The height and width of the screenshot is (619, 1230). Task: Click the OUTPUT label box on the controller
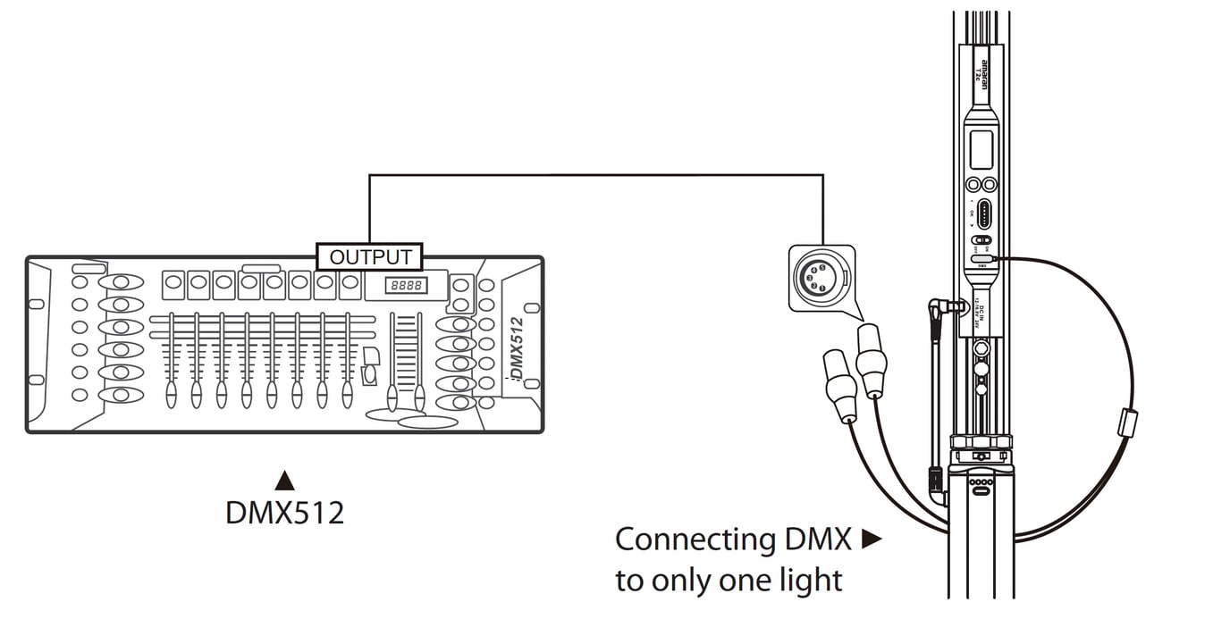(370, 257)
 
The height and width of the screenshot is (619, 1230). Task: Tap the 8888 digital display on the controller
(404, 286)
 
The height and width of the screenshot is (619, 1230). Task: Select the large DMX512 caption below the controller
(284, 512)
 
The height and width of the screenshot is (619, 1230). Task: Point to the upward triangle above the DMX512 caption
(284, 481)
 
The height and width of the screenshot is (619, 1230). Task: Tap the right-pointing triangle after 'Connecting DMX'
(871, 540)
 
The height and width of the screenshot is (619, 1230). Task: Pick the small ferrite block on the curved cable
(1127, 422)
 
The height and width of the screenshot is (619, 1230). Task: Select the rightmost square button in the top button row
(349, 286)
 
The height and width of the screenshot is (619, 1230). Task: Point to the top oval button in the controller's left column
(121, 283)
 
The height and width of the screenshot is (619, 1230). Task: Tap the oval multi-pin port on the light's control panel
(984, 214)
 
